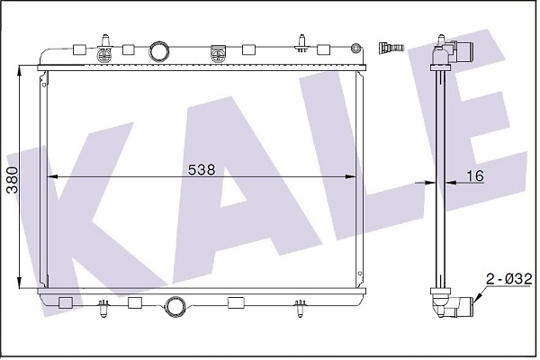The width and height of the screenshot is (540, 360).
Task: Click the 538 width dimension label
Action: [202, 169]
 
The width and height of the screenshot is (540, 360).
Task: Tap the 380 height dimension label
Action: [13, 180]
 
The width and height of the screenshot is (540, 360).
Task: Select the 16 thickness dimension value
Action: [475, 175]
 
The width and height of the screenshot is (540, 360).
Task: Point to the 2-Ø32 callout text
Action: [509, 279]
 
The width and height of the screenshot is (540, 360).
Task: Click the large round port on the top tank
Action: [159, 50]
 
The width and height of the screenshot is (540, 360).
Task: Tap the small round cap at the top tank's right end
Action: [355, 49]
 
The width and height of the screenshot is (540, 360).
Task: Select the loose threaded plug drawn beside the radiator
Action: [391, 47]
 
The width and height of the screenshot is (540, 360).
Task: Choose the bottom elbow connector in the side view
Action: [452, 302]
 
